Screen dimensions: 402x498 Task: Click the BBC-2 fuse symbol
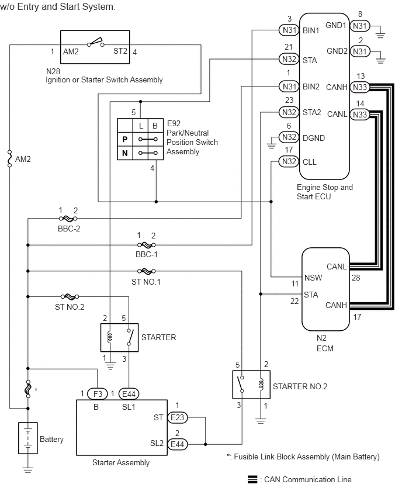click(x=68, y=219)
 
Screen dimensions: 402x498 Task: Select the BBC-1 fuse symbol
click(x=147, y=245)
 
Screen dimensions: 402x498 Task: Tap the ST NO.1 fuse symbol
click(x=147, y=271)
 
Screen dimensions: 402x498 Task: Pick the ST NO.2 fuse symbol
click(x=70, y=297)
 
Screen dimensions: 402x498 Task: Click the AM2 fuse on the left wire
click(x=9, y=158)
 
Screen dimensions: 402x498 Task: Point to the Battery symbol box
click(x=28, y=438)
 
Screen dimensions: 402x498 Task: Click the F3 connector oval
click(x=98, y=394)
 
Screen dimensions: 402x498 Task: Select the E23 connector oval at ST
click(x=177, y=417)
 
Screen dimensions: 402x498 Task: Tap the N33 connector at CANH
click(x=360, y=87)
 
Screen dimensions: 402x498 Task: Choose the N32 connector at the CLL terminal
click(x=289, y=162)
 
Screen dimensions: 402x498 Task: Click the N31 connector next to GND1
click(x=360, y=26)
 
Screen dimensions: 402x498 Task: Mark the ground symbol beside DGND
click(x=271, y=145)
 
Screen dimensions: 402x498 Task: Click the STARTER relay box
click(x=119, y=337)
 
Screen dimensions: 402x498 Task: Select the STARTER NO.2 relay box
click(x=251, y=384)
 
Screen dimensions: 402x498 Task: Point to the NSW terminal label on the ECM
click(x=313, y=278)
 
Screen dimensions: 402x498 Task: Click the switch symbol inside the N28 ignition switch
click(x=96, y=43)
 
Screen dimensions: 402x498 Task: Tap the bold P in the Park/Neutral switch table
click(x=125, y=140)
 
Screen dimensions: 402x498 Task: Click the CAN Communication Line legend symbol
click(x=252, y=479)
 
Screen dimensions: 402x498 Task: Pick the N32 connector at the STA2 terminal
click(x=289, y=112)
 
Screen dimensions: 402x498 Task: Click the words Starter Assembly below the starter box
click(x=121, y=463)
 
